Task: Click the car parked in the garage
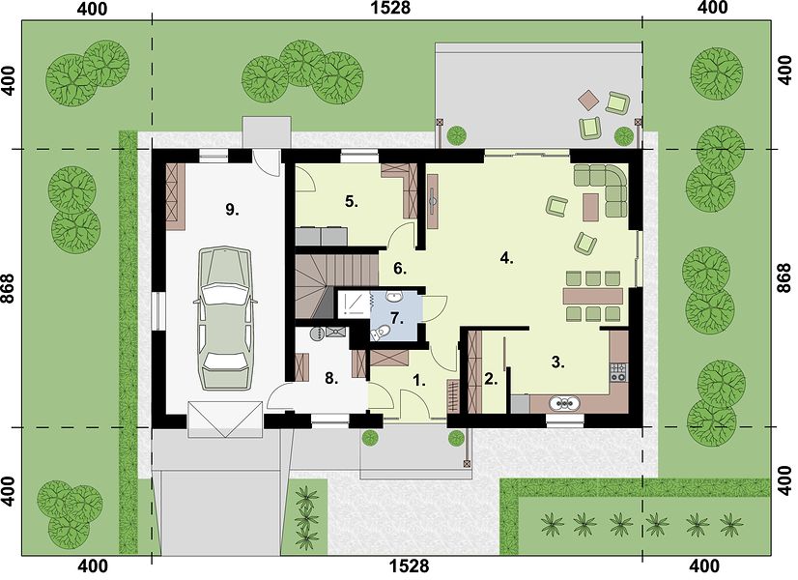click(224, 319)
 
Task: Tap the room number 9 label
click(232, 210)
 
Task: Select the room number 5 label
click(351, 202)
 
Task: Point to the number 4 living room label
click(506, 258)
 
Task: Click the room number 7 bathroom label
click(397, 319)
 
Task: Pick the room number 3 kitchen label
click(558, 362)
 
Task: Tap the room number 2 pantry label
click(491, 379)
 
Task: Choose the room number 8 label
click(331, 379)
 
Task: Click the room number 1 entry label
click(419, 380)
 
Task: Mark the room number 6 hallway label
click(400, 269)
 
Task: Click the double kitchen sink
click(564, 403)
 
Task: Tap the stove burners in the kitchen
click(619, 372)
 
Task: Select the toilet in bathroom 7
click(381, 333)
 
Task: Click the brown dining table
click(593, 296)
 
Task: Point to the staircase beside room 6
click(336, 284)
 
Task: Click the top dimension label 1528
click(391, 8)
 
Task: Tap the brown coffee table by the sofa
click(590, 207)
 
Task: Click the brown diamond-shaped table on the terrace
click(590, 101)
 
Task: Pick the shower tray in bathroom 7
click(354, 304)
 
